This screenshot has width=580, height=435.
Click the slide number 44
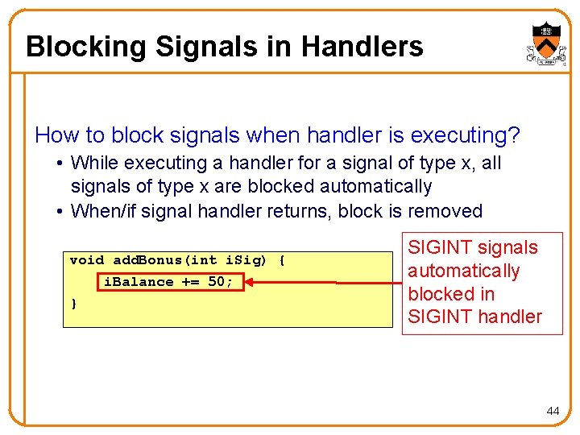tap(553, 411)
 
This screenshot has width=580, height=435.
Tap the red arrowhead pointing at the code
tap(249, 282)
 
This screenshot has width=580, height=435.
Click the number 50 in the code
tap(216, 282)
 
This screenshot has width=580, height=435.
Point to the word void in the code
tap(87, 260)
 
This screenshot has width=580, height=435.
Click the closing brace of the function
tap(74, 304)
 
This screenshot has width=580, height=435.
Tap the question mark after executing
tap(514, 135)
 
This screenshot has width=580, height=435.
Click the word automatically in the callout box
tap(463, 271)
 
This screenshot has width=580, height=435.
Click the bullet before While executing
tap(61, 164)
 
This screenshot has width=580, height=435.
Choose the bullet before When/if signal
tap(61, 212)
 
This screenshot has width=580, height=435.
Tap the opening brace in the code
tap(281, 260)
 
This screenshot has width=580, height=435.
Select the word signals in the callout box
tap(507, 247)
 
